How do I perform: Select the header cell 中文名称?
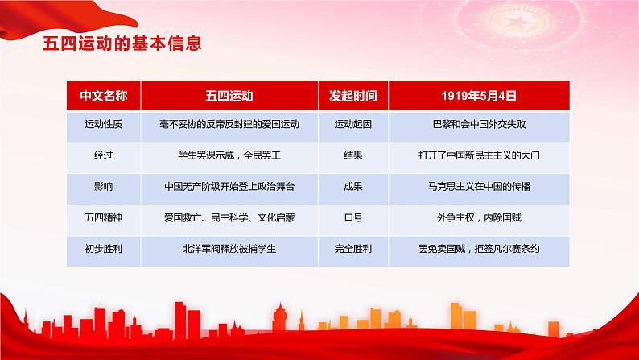click(x=102, y=95)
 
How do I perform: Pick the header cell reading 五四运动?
click(x=229, y=95)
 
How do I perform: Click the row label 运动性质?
click(x=102, y=125)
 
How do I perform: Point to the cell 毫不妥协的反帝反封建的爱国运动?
click(x=229, y=125)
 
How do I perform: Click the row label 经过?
click(x=102, y=155)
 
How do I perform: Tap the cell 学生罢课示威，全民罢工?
click(x=229, y=155)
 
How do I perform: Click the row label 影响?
click(x=102, y=186)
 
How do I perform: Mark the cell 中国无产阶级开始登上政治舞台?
click(x=229, y=186)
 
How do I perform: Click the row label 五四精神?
click(x=102, y=217)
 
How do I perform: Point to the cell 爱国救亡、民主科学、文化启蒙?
click(x=229, y=217)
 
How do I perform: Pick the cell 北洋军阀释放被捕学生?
click(x=229, y=247)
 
